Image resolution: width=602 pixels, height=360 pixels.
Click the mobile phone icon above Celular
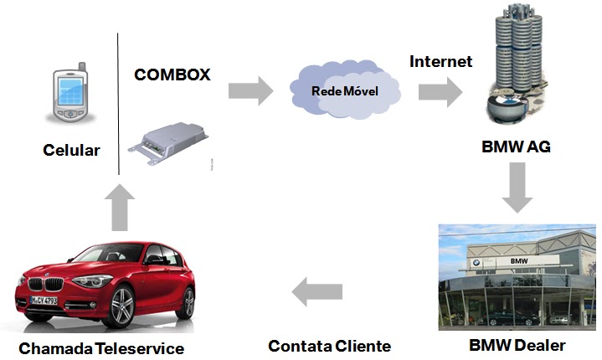(71, 92)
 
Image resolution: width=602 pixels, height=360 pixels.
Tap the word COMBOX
(172, 75)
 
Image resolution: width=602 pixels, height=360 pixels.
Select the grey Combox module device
(168, 143)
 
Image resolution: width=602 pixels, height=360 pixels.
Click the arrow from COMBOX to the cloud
(250, 91)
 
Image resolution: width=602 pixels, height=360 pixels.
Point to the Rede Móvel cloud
(345, 90)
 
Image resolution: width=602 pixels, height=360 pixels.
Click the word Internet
(440, 61)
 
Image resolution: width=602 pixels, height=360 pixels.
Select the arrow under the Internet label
(440, 92)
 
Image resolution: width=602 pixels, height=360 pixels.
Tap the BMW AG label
(516, 147)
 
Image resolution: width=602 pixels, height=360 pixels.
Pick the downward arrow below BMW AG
(517, 188)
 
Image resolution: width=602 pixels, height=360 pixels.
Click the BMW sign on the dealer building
(519, 261)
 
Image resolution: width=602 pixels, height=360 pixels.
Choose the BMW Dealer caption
(517, 346)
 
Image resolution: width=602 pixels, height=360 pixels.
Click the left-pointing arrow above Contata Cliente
(317, 291)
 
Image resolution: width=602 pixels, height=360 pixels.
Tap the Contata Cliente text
(329, 346)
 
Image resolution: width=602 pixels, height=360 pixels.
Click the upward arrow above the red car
(120, 208)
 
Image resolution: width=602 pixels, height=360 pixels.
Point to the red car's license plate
(44, 300)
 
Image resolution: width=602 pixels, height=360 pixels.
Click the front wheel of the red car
(121, 306)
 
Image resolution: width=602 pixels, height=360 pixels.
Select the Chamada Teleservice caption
(101, 348)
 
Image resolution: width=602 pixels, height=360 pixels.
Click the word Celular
(71, 150)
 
